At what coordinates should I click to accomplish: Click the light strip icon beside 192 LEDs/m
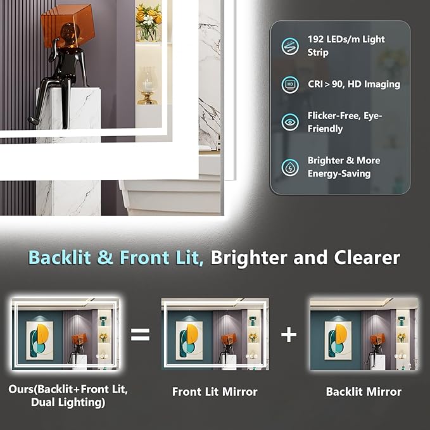[x=290, y=46]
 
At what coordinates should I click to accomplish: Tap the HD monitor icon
[x=290, y=84]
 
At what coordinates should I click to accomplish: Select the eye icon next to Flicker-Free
[x=290, y=122]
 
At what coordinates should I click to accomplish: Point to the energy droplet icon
[x=290, y=167]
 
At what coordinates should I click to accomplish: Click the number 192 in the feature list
[x=315, y=39]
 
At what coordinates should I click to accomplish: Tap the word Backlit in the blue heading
[x=60, y=258]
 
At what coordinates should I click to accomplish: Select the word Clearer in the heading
[x=367, y=258]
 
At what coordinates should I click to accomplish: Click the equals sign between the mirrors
[x=141, y=334]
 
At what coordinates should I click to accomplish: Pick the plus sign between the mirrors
[x=289, y=334]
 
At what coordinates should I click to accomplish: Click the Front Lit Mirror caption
[x=215, y=391]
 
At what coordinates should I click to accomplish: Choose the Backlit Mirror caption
[x=364, y=391]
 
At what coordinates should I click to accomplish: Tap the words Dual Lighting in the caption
[x=68, y=402]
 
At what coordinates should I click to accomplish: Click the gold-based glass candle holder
[x=148, y=85]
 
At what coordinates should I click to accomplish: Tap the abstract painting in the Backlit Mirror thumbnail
[x=338, y=340]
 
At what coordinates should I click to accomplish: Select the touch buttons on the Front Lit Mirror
[x=251, y=356]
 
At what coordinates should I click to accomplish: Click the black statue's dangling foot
[x=34, y=119]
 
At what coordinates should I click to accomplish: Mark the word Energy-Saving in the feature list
[x=339, y=174]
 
